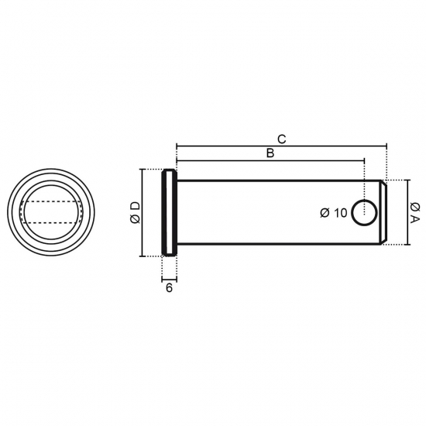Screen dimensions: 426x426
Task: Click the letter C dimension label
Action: tap(282, 139)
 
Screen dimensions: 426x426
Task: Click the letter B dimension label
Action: tap(270, 153)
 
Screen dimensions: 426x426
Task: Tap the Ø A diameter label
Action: tap(415, 212)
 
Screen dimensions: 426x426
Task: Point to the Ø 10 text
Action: tap(334, 213)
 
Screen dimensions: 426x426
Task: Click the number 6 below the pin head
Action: tap(169, 287)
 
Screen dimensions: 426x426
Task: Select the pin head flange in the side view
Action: tap(170, 212)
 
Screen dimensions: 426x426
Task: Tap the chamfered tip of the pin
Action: tap(383, 212)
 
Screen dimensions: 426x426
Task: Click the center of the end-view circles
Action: tap(51, 212)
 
